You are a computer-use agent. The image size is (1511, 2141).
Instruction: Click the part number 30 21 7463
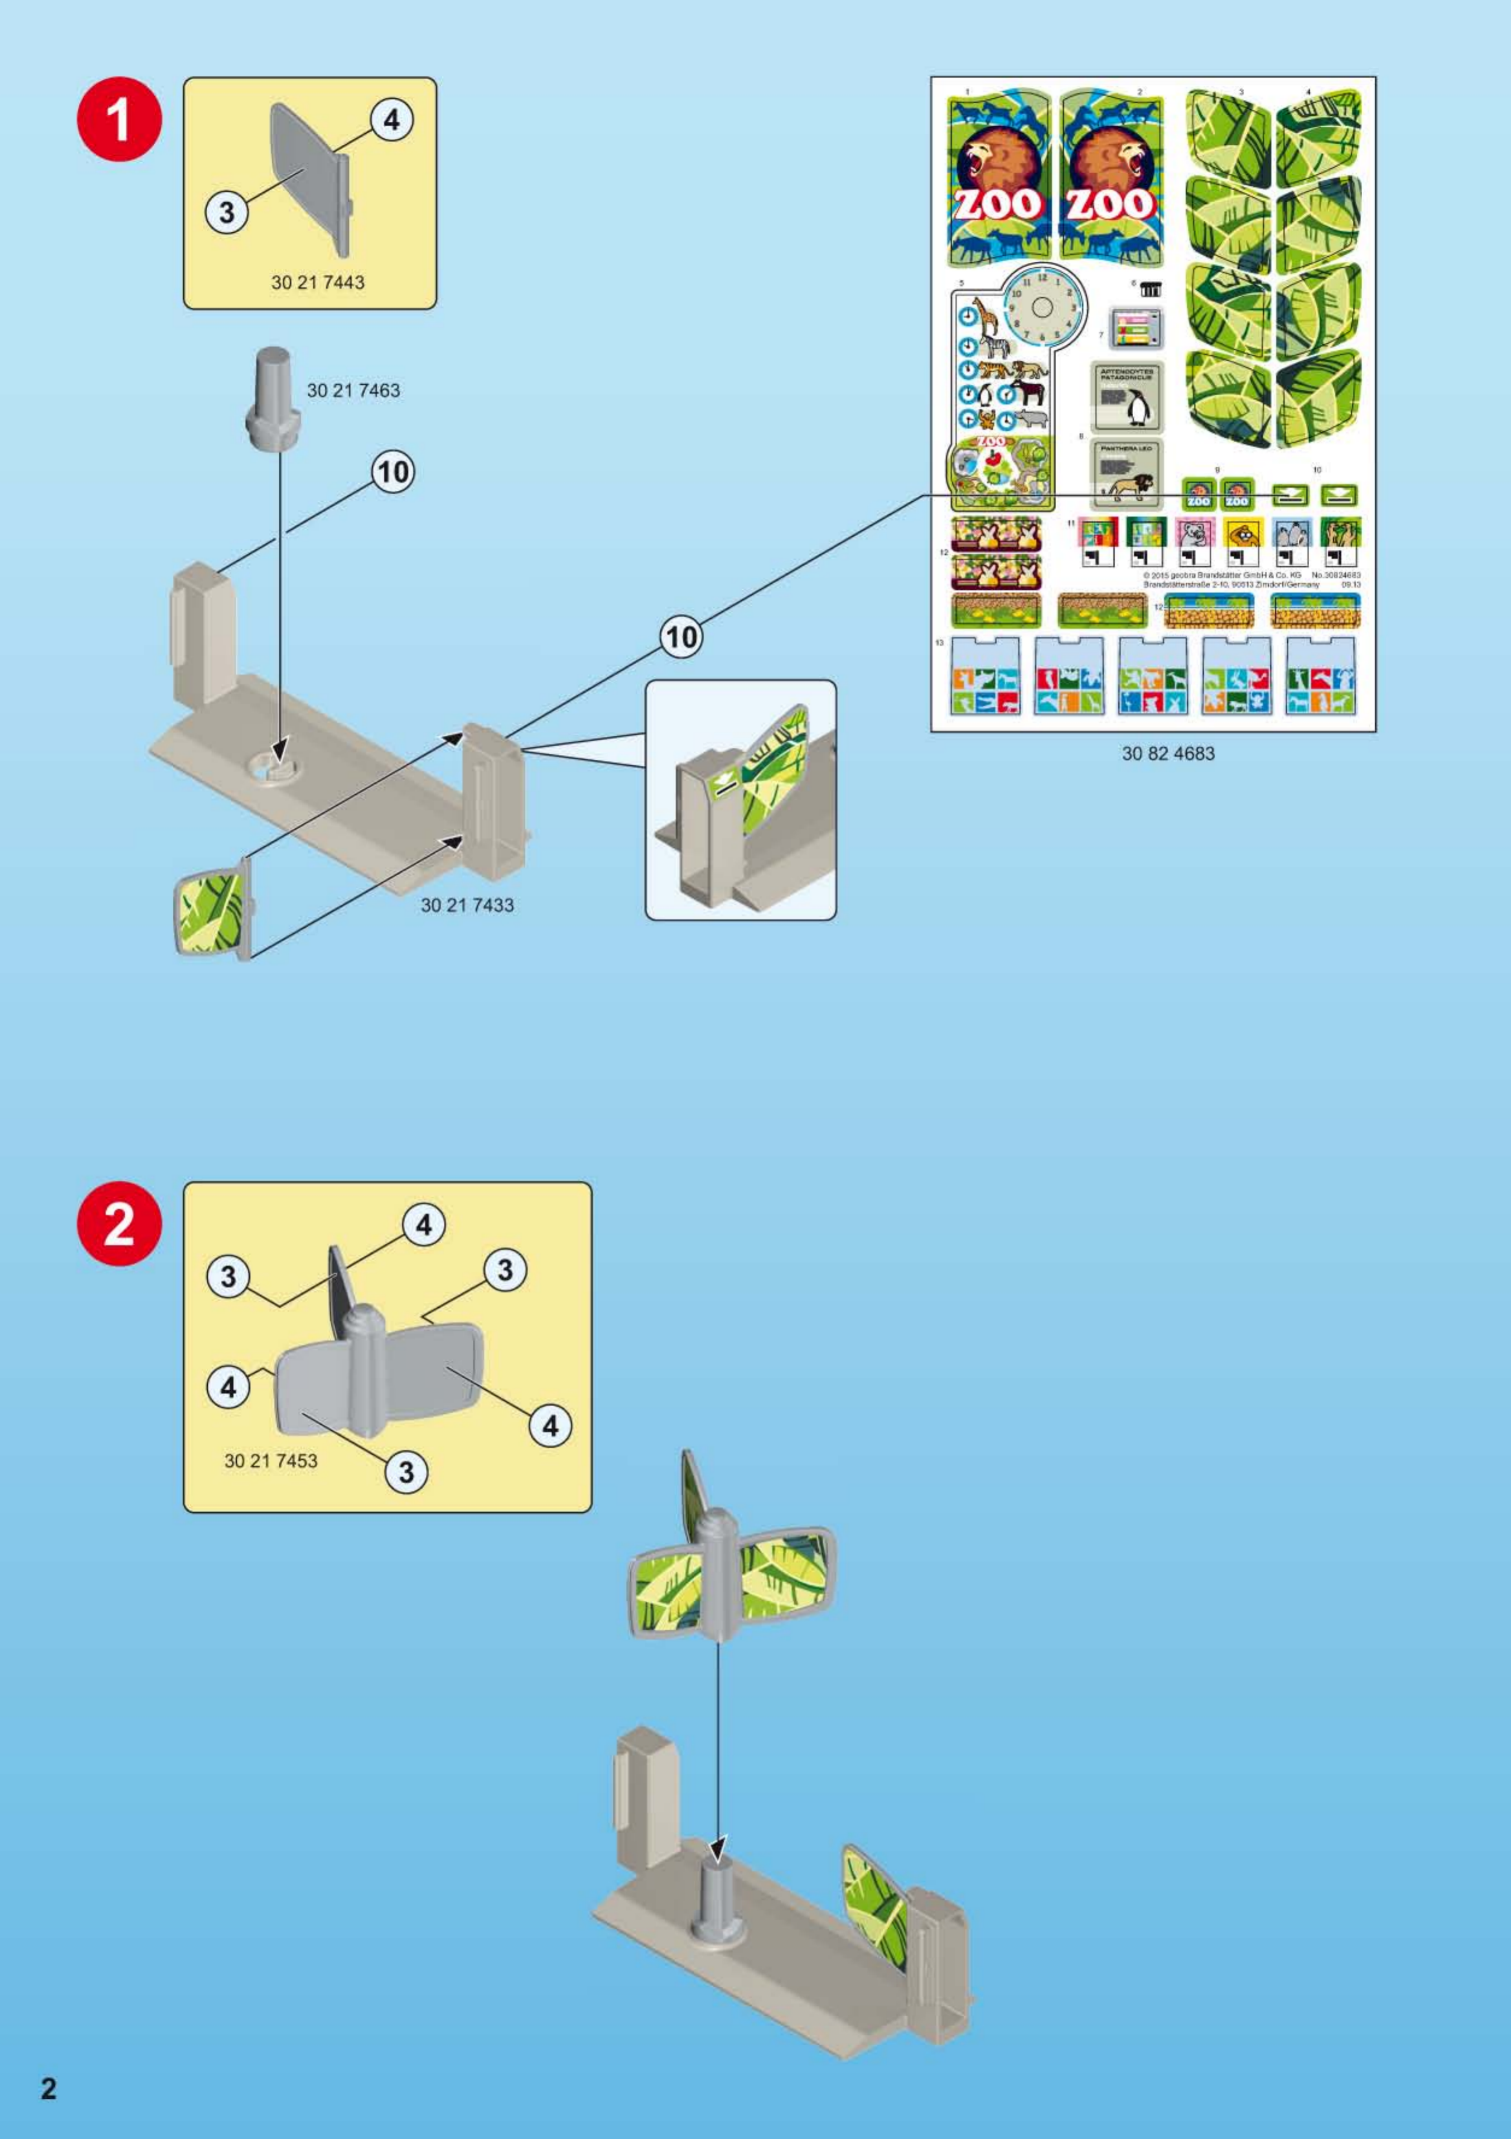coord(353,391)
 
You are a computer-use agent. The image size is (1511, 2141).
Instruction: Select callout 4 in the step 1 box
coord(390,120)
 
